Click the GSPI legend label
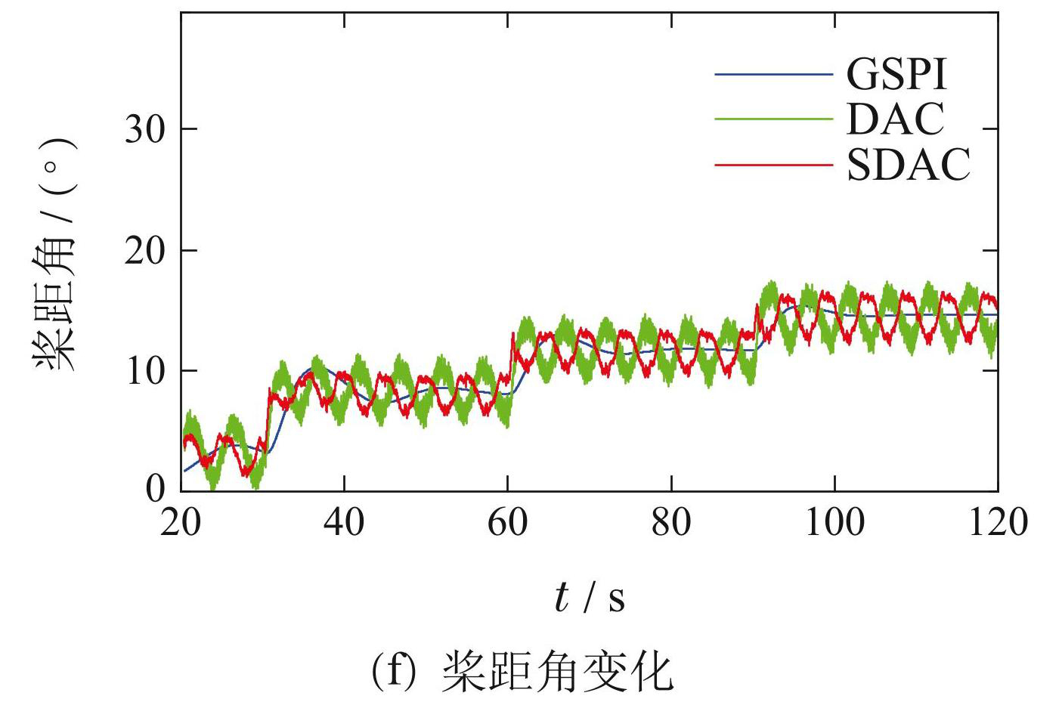tap(896, 74)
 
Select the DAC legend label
tap(896, 119)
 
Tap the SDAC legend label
tap(908, 164)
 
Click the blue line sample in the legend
tap(773, 74)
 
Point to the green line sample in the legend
tap(773, 119)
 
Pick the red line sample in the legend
tap(773, 164)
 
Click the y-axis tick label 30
tap(144, 130)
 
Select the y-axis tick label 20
tap(144, 251)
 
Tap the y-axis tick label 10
tap(144, 371)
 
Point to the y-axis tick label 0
tap(155, 490)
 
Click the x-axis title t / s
tap(590, 598)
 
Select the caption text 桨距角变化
tap(556, 672)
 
